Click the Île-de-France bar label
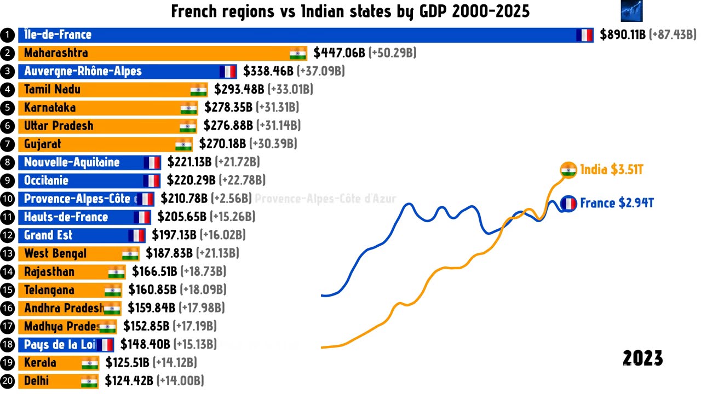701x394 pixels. (58, 35)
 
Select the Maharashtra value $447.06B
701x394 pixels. (339, 53)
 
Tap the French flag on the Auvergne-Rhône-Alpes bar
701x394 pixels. (228, 71)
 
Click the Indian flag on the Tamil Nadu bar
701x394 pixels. (199, 90)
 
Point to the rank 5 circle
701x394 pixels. (8, 108)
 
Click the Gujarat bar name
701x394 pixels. (43, 144)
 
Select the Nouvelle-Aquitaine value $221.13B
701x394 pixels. (190, 163)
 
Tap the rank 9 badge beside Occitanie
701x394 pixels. (8, 181)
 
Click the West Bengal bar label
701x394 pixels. (55, 254)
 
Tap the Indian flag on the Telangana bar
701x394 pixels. (113, 290)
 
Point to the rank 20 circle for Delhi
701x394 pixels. (8, 381)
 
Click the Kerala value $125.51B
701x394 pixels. (127, 363)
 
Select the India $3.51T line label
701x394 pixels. (611, 170)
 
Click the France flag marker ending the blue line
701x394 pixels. (568, 204)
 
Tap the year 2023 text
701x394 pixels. (643, 359)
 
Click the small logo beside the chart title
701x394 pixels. (631, 11)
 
